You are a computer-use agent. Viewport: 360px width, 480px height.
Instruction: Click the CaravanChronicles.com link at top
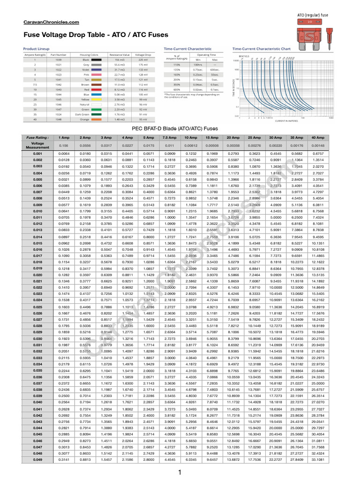[x=51, y=22]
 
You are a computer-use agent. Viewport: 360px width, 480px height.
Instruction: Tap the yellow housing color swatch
[x=97, y=99]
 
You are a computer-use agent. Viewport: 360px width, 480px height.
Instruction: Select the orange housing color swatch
[x=97, y=119]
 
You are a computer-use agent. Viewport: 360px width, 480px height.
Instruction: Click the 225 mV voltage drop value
[x=142, y=60]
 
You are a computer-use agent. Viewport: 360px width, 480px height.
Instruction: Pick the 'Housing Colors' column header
[x=88, y=55]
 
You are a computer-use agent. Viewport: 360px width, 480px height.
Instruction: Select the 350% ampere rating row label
[x=177, y=84]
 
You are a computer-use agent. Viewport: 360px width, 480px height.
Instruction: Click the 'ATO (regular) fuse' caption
[x=313, y=15]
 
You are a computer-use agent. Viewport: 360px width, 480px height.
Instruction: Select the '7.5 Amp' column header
[x=170, y=138]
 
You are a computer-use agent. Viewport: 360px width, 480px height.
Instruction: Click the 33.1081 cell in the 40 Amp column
[x=318, y=459]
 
